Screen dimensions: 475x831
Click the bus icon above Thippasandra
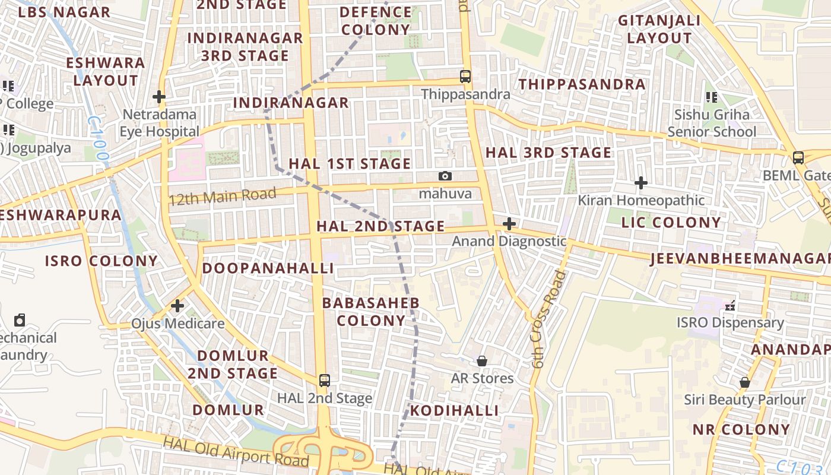(x=465, y=77)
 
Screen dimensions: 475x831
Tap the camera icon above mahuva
(x=445, y=176)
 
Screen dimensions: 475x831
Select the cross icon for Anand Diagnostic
(x=509, y=224)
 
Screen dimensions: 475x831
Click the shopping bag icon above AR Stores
(x=482, y=361)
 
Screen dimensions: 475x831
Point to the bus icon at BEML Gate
(x=798, y=158)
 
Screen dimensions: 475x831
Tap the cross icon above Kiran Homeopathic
(x=641, y=183)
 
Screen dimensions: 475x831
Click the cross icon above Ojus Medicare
(x=177, y=306)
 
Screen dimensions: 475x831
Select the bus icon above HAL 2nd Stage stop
(x=324, y=380)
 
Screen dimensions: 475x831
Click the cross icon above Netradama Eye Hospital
(x=158, y=96)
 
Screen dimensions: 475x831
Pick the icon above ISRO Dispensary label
(x=730, y=306)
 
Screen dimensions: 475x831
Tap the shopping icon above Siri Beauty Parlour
(x=744, y=382)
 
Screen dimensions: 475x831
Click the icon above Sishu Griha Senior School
(x=711, y=97)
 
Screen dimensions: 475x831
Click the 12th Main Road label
(x=223, y=197)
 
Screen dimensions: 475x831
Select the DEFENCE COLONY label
(x=376, y=21)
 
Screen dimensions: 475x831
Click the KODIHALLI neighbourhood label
(x=454, y=411)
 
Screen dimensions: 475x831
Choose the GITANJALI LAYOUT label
(x=659, y=29)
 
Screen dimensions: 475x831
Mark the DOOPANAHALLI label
(x=268, y=268)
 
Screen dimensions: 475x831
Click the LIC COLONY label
(x=671, y=223)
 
